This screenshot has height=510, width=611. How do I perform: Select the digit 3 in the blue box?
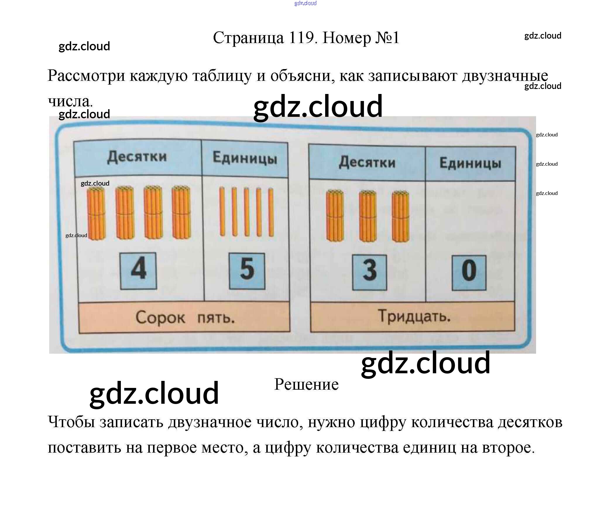point(370,272)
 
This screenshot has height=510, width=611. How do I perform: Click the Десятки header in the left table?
point(137,157)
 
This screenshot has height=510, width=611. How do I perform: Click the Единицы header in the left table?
point(245,158)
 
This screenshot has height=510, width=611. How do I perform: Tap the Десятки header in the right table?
point(367,162)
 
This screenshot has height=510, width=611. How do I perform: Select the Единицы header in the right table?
point(470,164)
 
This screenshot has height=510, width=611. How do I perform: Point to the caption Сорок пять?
point(185,318)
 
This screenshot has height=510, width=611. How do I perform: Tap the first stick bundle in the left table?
point(96,213)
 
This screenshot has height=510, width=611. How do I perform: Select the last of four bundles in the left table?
point(181,212)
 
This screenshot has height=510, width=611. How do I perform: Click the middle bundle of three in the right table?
point(368,216)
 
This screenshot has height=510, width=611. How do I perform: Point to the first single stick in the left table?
point(222,212)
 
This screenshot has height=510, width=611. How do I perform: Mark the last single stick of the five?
point(271,212)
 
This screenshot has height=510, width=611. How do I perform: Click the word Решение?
point(306,384)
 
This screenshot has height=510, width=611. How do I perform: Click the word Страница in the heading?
point(248,38)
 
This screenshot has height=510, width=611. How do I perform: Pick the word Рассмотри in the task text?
point(86,76)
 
